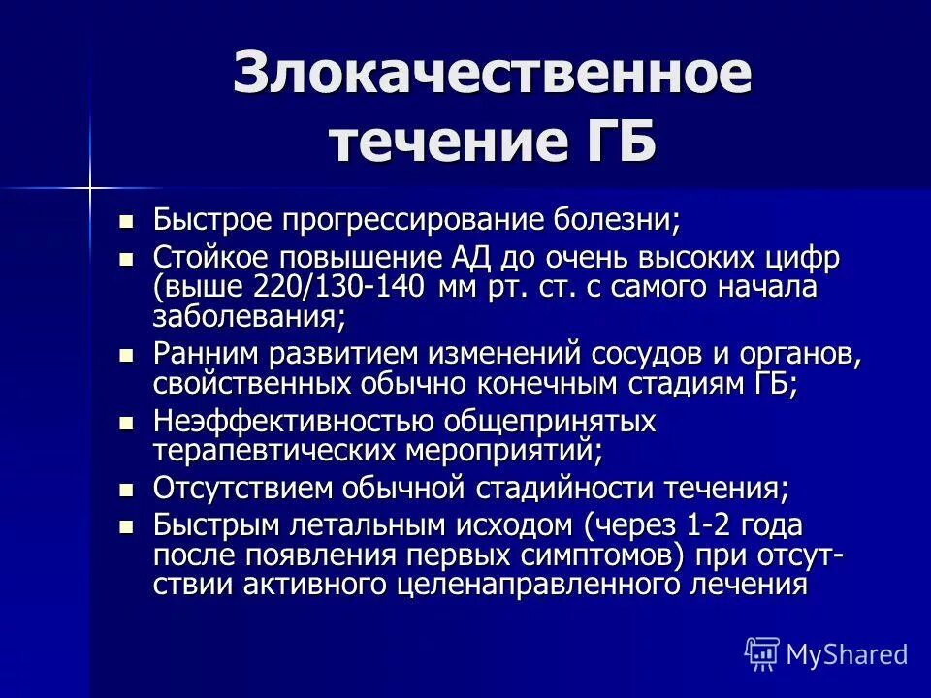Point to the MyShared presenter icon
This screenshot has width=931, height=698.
762,653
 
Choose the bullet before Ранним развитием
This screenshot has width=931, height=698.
125,356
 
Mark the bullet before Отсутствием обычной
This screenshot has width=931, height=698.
125,490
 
